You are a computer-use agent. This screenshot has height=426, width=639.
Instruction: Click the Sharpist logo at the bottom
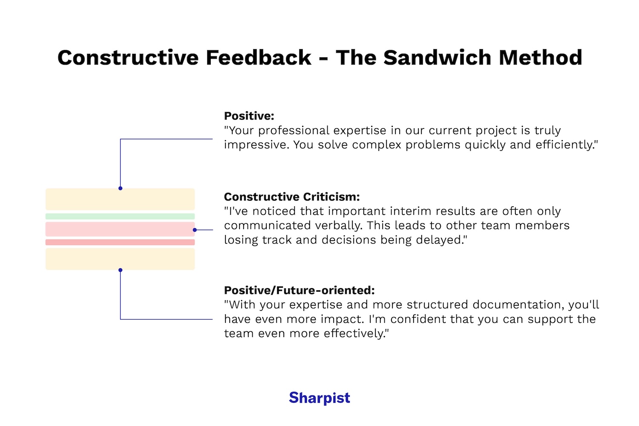(319, 397)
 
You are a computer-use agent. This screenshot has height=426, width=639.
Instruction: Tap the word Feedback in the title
(258, 58)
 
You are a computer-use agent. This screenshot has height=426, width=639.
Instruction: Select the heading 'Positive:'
(249, 116)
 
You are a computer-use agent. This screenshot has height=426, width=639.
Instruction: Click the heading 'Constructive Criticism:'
(292, 197)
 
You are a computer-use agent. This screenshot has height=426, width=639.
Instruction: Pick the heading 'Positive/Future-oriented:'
(299, 291)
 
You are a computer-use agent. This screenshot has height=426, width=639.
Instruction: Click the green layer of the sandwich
(120, 216)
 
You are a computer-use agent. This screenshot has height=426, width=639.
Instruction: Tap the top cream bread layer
(120, 199)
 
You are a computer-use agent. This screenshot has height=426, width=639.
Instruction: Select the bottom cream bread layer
(120, 259)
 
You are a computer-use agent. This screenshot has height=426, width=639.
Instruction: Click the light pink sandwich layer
(120, 229)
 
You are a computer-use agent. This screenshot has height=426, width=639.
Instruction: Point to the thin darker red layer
(120, 242)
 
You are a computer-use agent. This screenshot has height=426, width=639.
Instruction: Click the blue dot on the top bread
(121, 188)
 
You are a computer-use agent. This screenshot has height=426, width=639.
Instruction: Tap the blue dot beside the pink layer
(195, 230)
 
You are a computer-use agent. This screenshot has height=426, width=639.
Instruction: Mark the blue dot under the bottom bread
(121, 270)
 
